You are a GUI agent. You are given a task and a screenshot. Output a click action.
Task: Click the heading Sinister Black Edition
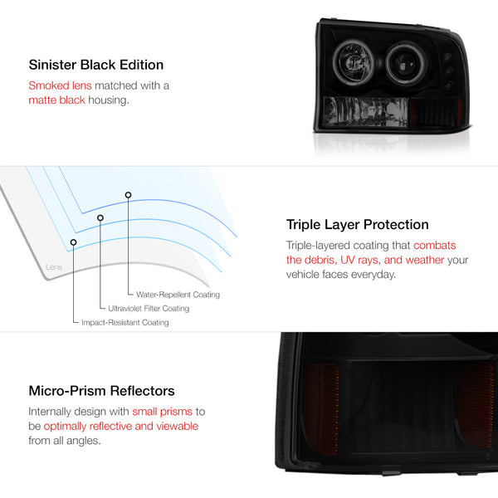coord(96,65)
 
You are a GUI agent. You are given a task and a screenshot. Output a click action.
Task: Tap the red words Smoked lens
coord(56,85)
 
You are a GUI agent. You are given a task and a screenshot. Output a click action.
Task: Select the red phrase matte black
coord(56,100)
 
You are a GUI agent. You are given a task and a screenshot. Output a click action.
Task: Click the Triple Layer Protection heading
coord(357,225)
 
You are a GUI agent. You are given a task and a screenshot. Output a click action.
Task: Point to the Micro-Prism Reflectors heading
coord(102,391)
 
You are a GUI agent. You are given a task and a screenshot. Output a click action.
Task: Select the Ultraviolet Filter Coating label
coord(149,309)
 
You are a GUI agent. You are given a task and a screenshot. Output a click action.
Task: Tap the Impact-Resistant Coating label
coord(124,322)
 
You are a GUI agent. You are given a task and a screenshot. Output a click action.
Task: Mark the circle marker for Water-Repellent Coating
coord(129,195)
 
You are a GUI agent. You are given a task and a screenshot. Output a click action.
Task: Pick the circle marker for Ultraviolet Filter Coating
coord(100,218)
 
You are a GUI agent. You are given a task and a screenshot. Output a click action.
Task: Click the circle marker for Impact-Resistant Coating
coord(74,242)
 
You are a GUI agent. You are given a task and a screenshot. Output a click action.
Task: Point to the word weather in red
coord(437,261)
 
